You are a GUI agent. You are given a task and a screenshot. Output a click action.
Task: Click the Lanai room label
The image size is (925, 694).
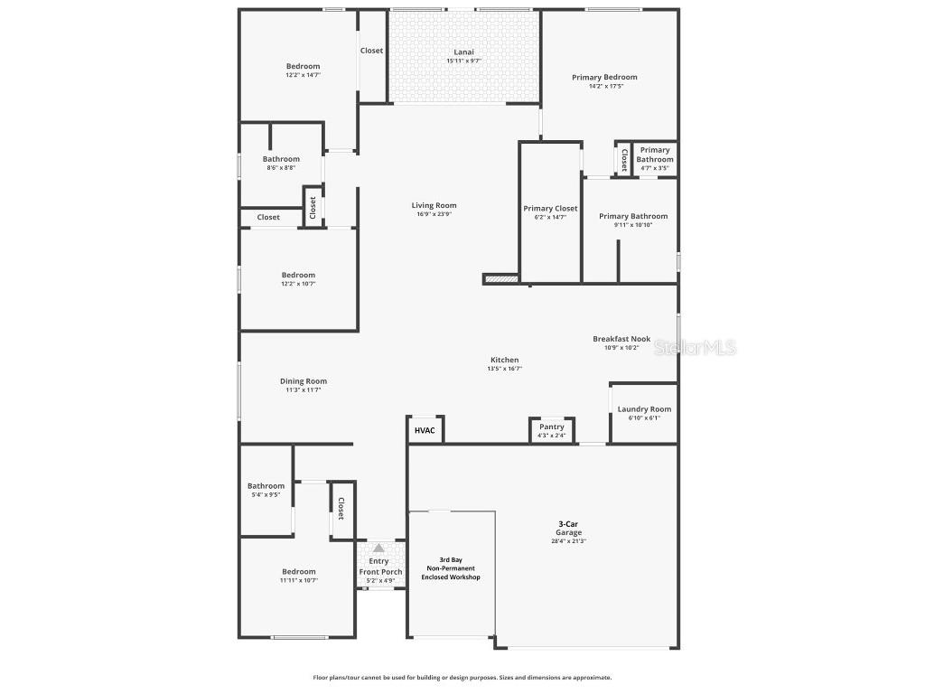[x=463, y=52]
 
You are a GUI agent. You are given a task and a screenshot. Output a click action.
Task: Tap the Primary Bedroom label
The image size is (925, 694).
[x=604, y=78]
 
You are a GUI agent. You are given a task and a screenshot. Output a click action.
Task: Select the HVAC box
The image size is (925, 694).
[x=425, y=430]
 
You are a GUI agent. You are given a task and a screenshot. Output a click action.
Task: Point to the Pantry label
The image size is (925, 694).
[x=552, y=427]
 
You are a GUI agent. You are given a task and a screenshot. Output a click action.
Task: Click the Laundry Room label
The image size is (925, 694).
[x=644, y=409]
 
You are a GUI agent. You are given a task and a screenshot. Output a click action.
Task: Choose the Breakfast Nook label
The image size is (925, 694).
[x=621, y=339]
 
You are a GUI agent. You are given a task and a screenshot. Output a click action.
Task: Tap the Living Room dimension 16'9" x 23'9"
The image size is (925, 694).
[x=434, y=214]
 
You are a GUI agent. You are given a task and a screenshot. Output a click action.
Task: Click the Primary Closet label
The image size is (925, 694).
[x=550, y=209]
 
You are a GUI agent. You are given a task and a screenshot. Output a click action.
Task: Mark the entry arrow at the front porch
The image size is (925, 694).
[x=378, y=549]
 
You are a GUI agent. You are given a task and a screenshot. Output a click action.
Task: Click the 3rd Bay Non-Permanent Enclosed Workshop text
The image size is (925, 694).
[x=451, y=568]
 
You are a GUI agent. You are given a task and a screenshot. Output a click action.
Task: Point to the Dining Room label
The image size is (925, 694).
[x=303, y=381]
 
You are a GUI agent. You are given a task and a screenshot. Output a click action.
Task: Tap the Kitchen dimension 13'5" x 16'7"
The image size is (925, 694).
[x=504, y=369]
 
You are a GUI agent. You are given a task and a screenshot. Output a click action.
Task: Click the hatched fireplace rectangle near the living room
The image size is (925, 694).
[x=501, y=279]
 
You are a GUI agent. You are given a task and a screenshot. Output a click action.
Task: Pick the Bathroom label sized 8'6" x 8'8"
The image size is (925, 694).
[x=281, y=159]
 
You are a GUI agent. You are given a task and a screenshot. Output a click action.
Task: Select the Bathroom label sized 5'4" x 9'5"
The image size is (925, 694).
[x=266, y=486]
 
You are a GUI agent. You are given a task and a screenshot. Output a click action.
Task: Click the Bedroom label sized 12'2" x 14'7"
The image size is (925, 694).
[x=303, y=66]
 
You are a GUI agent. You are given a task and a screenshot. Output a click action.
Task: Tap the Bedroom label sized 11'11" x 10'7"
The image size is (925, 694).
[x=298, y=571]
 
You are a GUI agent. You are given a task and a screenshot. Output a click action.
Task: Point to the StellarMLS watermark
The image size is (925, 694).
[x=695, y=347]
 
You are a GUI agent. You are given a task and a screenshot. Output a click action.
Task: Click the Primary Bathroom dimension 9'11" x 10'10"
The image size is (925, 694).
[x=633, y=225]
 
